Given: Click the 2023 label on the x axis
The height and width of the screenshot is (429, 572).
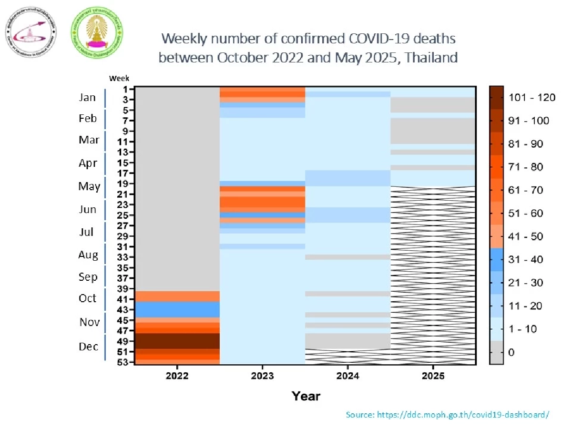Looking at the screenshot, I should point(262,376).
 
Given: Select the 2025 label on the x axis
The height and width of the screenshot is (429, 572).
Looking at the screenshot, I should point(433,376).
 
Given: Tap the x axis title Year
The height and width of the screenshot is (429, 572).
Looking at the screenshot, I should point(306,396).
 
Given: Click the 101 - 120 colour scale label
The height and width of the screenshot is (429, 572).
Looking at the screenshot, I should point(531,98).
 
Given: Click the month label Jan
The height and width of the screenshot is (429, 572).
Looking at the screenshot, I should point(87,98).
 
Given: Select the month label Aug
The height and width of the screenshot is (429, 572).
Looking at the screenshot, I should point(88,255).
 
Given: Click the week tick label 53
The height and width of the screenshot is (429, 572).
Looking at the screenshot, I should point(123,362).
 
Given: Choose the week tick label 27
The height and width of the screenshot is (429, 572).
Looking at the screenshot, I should point(123,225).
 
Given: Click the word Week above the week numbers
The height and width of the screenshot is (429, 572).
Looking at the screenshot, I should point(119,78).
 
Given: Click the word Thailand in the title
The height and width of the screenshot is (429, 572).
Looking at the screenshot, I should point(431,58).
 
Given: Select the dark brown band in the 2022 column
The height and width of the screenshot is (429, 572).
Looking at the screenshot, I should point(177,341).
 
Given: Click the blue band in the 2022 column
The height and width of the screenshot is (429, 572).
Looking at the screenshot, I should point(177,309).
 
